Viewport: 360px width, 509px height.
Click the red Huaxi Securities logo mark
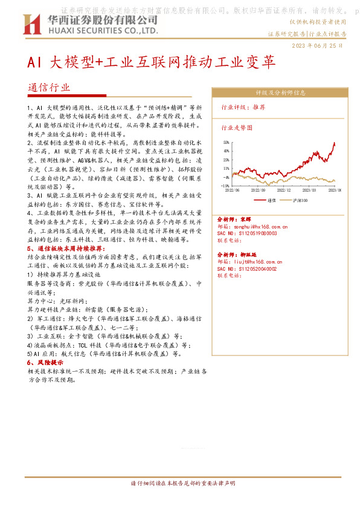click(31, 24)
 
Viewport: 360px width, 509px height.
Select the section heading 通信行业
click(49, 87)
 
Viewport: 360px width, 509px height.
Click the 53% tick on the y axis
click(225, 143)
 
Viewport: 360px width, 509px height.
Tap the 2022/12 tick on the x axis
click(284, 189)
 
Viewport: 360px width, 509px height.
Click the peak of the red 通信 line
click(334, 143)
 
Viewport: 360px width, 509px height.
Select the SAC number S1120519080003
click(254, 233)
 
